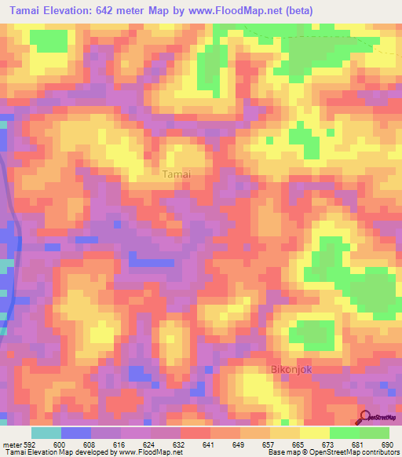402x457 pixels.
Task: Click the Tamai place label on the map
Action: point(177,174)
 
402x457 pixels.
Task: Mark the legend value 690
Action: point(388,444)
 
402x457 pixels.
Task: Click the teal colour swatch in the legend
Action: point(46,433)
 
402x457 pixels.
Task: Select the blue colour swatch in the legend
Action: point(76,433)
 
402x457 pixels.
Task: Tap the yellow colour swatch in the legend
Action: point(315,433)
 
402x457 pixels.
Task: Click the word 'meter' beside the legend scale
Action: point(11,444)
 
